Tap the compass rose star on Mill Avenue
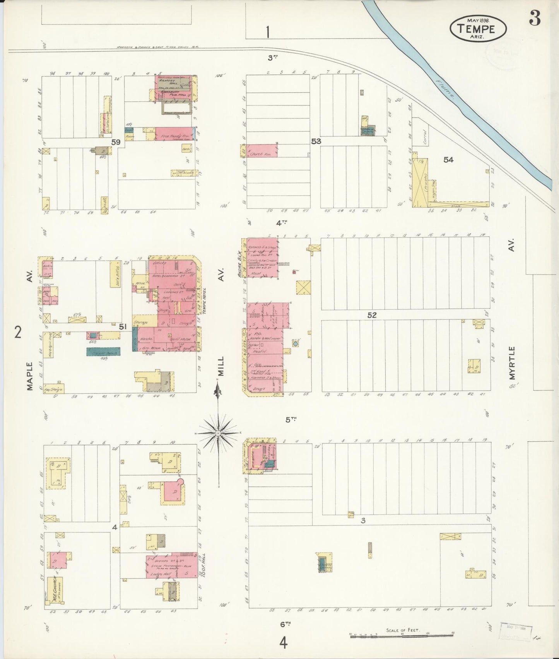(218, 433)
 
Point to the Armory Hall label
(168, 81)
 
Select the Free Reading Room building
(174, 133)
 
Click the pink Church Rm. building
(262, 151)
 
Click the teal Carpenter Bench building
(103, 352)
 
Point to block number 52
(372, 315)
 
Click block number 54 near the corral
(448, 159)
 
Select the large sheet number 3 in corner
(535, 18)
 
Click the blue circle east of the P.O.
(296, 343)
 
